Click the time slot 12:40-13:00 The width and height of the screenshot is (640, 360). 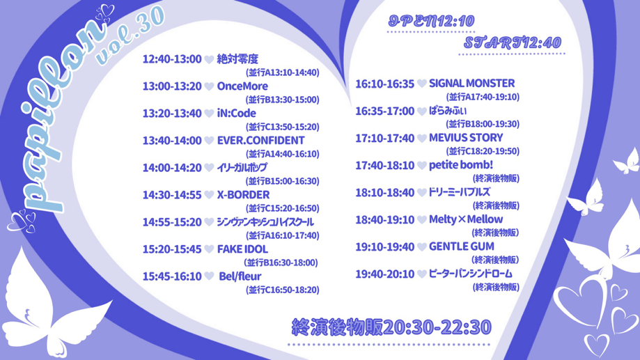tap(172, 59)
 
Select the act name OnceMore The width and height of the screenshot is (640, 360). tap(242, 86)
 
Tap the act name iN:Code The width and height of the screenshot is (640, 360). tap(236, 113)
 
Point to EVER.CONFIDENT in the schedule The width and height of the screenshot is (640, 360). tap(261, 141)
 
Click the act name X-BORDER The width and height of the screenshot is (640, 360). tap(243, 195)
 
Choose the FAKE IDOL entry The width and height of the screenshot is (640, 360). tap(242, 249)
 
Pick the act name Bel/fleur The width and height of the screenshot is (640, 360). tap(240, 276)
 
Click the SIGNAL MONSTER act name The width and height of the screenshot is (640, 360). tap(472, 84)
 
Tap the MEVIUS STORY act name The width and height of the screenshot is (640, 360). tap(466, 138)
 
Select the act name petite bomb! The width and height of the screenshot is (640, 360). tap(461, 165)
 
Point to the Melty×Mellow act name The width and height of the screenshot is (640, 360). tap(466, 219)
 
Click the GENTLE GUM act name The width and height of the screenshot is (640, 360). tap(462, 246)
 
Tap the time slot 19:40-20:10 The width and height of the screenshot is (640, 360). tap(385, 274)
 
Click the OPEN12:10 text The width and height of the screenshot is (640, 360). tap(432, 21)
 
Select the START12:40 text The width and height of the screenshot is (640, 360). tap(513, 42)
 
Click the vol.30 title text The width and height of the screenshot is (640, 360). tap(130, 37)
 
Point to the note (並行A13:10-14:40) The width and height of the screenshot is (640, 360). tap(283, 72)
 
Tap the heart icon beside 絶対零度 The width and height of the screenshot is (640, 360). tap(209, 60)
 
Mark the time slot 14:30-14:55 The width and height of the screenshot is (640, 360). tap(172, 195)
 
